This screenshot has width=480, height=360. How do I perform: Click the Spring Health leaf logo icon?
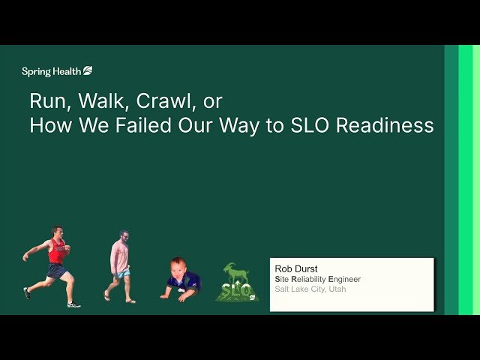point(88,71)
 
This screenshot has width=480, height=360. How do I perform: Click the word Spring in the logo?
point(36,72)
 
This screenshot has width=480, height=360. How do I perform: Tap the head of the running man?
point(56,232)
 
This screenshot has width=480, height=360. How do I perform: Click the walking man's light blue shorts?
point(122,274)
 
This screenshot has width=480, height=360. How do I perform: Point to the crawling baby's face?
point(177,268)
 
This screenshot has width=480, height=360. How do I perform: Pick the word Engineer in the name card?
point(345,280)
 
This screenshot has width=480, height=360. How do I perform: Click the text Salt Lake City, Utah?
point(310,289)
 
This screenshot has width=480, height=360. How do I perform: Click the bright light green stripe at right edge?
point(466,180)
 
